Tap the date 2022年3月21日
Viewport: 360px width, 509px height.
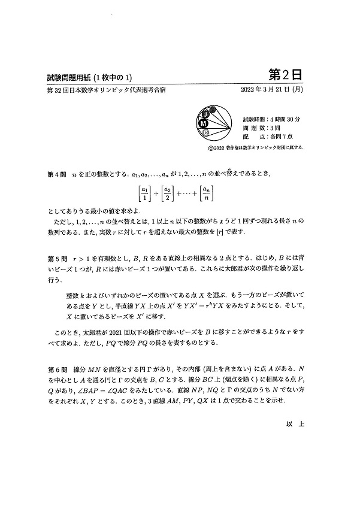[x=264, y=90]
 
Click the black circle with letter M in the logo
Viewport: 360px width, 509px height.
[x=204, y=122]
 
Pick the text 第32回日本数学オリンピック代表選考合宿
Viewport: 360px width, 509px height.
[x=106, y=90]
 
